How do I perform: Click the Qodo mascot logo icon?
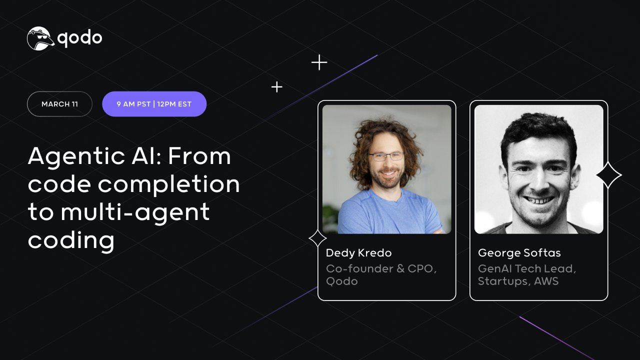pos(40,38)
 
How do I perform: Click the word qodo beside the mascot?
pos(80,38)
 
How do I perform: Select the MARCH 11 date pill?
pos(59,104)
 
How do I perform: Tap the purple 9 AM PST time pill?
pos(154,104)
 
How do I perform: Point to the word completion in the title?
pos(169,184)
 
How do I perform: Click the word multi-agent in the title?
pos(135,212)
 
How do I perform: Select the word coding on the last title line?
pos(71,240)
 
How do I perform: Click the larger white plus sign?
pos(319,62)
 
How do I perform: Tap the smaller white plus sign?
pos(276,87)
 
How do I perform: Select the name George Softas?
pos(519,253)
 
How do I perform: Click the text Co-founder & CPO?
pos(381,268)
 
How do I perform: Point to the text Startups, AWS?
pos(518,281)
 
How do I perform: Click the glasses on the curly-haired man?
pos(386,156)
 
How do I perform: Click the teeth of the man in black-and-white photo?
pos(538,200)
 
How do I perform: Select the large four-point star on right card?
pos(608,175)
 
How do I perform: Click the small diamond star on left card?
pos(318,238)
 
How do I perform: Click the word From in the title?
pos(199,156)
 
